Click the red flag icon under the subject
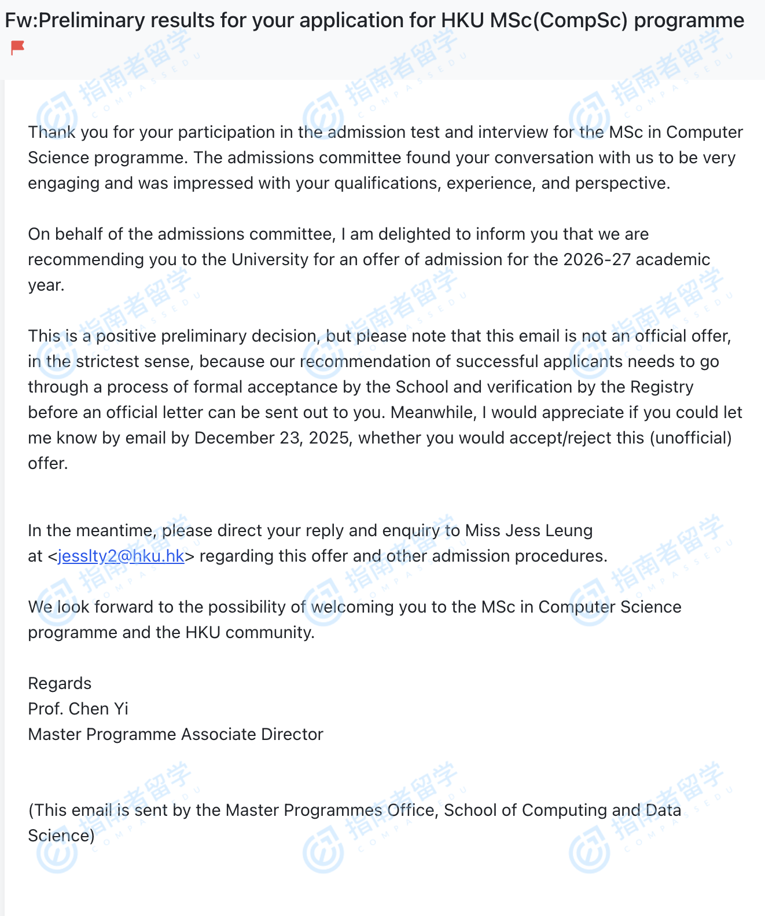coord(18,47)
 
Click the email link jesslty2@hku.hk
coord(121,556)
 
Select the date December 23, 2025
coord(272,438)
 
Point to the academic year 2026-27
coord(597,259)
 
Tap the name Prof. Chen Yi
coord(78,709)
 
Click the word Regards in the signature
coord(60,683)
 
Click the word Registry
coord(661,387)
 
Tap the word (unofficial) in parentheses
coord(691,438)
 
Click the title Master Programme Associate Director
coord(175,734)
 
